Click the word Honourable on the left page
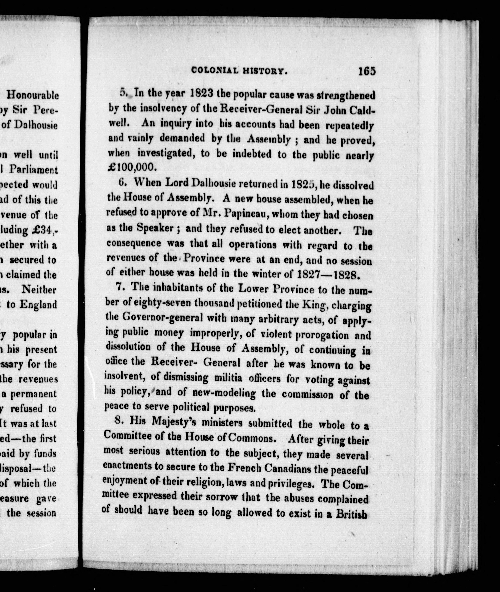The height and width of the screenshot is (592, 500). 33,95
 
